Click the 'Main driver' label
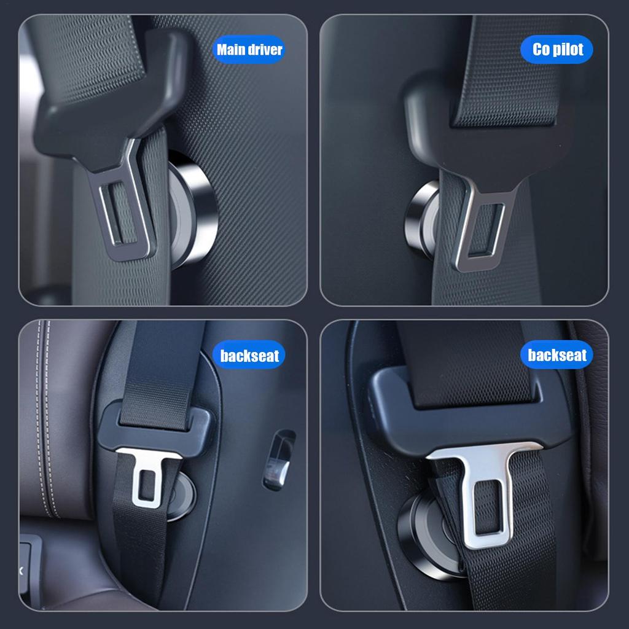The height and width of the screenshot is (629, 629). coord(249,50)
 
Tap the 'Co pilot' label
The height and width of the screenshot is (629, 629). coord(557,50)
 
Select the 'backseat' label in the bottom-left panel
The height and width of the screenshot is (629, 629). coord(249,356)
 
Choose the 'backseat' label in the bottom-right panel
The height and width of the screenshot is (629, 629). coord(557,355)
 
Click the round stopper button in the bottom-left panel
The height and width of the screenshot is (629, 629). coord(182,495)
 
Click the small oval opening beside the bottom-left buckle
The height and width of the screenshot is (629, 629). coord(279,459)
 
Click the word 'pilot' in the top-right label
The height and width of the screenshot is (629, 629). coord(568,50)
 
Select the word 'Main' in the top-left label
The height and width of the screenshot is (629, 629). coord(230,50)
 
